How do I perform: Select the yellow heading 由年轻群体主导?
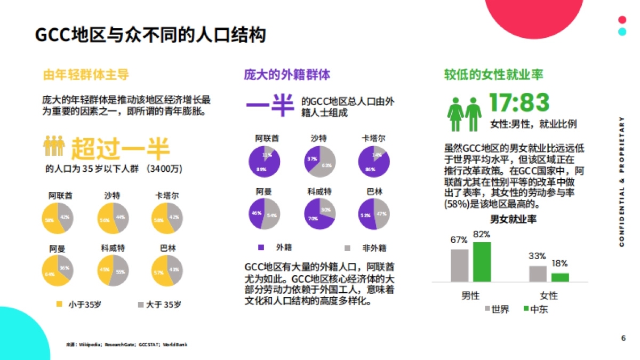(x=85, y=74)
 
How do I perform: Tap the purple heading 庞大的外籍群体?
(x=287, y=74)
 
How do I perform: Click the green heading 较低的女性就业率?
(x=494, y=74)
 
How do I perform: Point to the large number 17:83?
(x=519, y=103)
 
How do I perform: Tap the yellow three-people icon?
(x=54, y=146)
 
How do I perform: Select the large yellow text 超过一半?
(x=121, y=149)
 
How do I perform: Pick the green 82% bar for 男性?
(x=482, y=261)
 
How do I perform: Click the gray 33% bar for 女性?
(x=538, y=273)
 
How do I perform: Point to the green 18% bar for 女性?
(x=560, y=277)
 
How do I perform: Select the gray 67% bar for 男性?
(x=459, y=265)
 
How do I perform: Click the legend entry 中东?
(x=535, y=309)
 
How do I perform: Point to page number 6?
(x=623, y=338)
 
